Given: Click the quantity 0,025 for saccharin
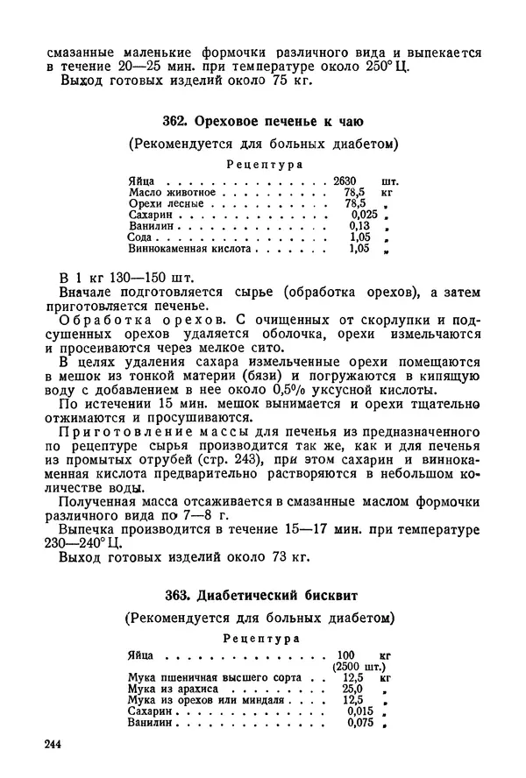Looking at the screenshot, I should click(x=364, y=215).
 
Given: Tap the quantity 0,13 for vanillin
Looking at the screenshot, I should click(x=359, y=226).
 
